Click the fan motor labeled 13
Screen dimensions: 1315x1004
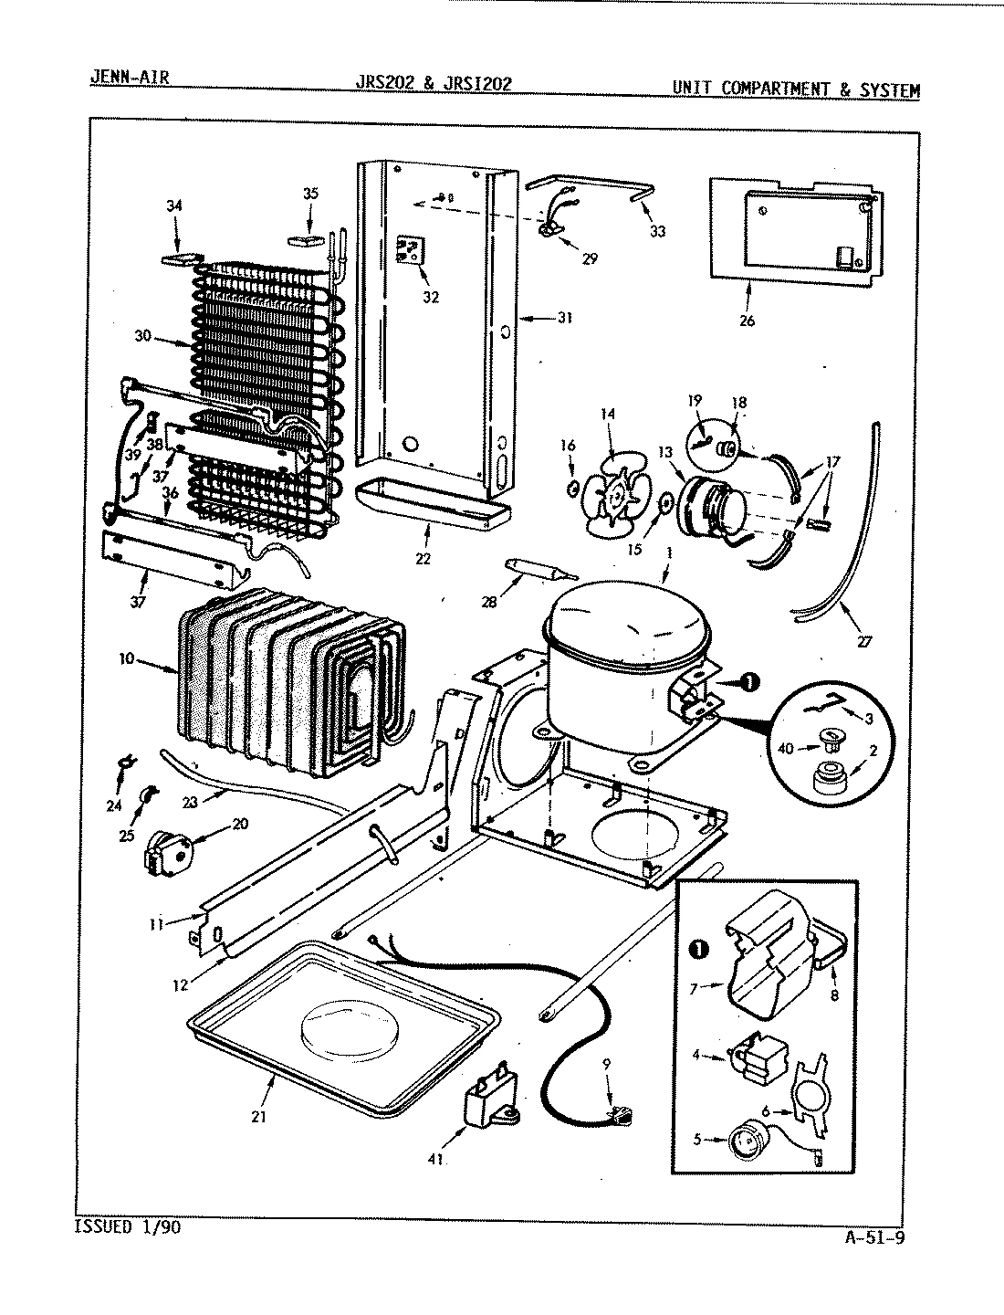[x=712, y=507]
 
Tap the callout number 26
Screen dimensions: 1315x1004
[x=747, y=321]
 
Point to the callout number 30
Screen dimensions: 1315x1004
[x=141, y=335]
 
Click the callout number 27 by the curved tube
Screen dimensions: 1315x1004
[x=863, y=641]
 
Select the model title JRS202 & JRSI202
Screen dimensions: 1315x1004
[x=433, y=83]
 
